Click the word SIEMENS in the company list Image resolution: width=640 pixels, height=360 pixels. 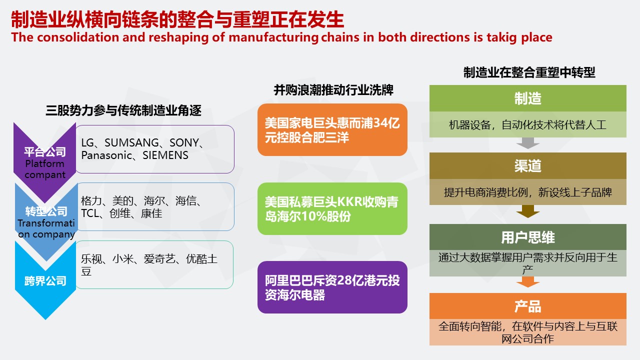(x=165, y=155)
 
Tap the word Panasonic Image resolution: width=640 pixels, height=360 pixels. (x=106, y=155)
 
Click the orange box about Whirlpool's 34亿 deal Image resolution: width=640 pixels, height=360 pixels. (x=332, y=129)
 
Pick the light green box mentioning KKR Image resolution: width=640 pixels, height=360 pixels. (x=332, y=209)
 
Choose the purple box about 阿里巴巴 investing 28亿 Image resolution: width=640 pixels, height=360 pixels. (x=332, y=287)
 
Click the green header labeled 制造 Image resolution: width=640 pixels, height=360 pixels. (x=527, y=98)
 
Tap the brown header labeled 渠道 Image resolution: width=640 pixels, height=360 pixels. (x=527, y=165)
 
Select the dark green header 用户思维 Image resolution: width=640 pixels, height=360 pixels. (x=527, y=237)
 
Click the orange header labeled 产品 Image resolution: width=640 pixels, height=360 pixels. (x=527, y=306)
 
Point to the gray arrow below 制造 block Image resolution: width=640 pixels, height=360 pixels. (x=527, y=143)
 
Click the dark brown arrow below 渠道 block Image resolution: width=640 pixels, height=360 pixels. (x=527, y=211)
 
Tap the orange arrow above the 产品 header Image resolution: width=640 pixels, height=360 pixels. (x=527, y=282)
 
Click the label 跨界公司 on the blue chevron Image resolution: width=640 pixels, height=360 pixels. (x=45, y=281)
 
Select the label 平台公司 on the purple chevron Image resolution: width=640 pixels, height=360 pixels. (x=45, y=151)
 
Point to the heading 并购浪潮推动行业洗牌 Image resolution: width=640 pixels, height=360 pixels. (x=333, y=90)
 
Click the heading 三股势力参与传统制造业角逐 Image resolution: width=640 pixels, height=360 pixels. (x=123, y=110)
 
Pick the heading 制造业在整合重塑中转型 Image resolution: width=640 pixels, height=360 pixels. (x=529, y=72)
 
